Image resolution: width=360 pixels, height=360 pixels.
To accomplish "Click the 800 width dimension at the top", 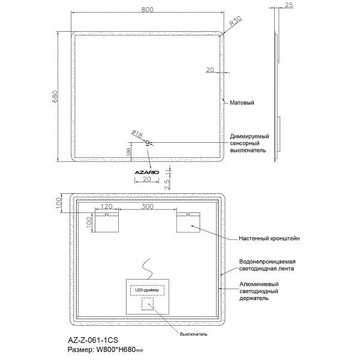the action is (x=148, y=10).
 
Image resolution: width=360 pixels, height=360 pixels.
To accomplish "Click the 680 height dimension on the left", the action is (x=55, y=97).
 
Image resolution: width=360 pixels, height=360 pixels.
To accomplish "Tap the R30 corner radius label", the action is (x=236, y=21).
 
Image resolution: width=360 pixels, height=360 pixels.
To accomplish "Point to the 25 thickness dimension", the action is (x=289, y=5).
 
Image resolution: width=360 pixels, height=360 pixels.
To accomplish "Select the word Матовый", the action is (x=242, y=103).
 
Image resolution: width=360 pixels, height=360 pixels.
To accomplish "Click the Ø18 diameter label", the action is (x=137, y=134).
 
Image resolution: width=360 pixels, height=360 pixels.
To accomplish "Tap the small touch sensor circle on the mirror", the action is (x=148, y=143).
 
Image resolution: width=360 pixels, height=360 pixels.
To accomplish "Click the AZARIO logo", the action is (x=147, y=172).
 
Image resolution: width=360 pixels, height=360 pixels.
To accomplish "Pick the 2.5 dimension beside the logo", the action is (x=167, y=184).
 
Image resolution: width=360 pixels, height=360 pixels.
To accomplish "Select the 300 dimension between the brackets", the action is (x=148, y=206).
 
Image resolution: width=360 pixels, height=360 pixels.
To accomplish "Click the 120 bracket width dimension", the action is (x=107, y=206).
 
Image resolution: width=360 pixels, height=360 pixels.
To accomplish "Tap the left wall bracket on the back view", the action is (x=107, y=222).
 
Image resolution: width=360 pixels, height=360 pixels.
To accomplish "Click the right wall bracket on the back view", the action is (x=188, y=222).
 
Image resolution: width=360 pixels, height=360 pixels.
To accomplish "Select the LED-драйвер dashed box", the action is (x=147, y=290).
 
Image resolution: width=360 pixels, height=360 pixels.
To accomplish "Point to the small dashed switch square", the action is (x=148, y=304).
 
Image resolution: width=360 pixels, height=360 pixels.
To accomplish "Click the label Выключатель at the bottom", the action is (x=194, y=334).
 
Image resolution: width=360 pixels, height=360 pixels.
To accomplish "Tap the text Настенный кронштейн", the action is (x=269, y=238).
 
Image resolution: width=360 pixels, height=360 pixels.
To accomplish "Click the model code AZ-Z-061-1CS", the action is (x=93, y=340).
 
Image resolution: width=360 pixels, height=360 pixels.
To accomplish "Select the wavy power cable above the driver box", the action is (x=147, y=269).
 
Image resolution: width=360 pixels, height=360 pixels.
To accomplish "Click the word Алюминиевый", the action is (x=259, y=284).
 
